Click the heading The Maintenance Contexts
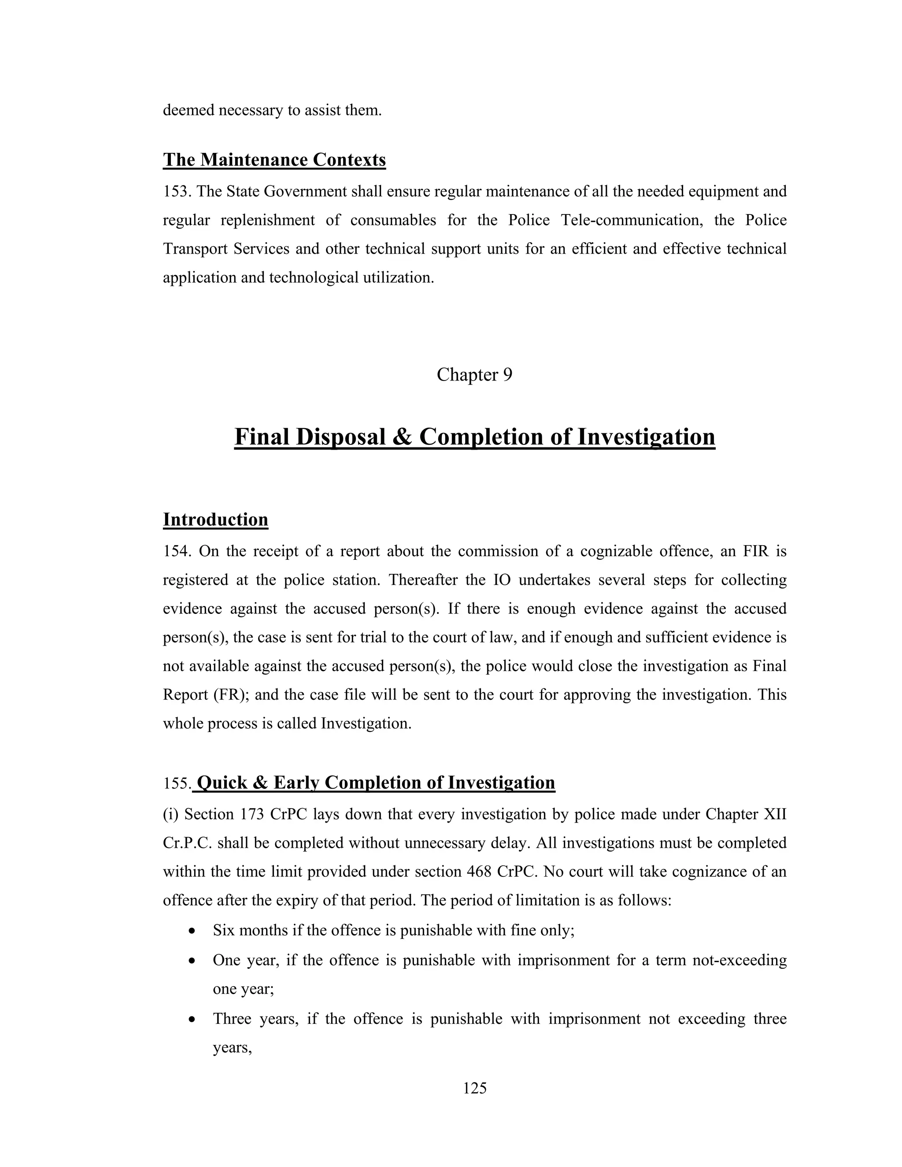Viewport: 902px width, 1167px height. tap(274, 160)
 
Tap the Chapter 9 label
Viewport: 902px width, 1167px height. tap(474, 375)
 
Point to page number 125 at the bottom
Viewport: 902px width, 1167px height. tap(474, 1088)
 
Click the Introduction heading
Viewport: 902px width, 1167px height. tap(215, 519)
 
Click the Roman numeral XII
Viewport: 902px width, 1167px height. tap(775, 814)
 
